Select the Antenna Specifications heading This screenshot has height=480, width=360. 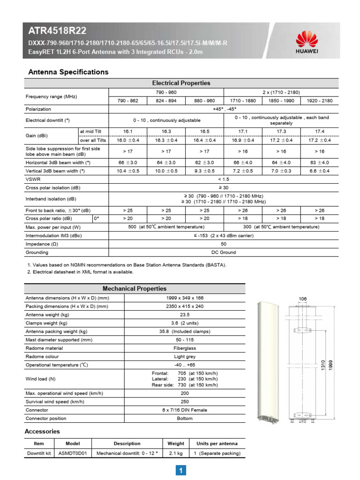[68, 72]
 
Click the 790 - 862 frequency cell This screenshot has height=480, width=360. [128, 100]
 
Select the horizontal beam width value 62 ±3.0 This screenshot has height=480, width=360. [204, 163]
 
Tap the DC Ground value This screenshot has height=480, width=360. [224, 253]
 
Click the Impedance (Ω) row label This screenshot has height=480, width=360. [42, 244]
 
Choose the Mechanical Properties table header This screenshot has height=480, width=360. [135, 289]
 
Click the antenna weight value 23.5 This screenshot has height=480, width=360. [185, 315]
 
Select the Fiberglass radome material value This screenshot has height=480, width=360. [185, 348]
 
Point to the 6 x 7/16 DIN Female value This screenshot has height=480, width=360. [185, 410]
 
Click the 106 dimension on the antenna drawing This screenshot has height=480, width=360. [302, 299]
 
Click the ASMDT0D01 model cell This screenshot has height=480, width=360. [73, 453]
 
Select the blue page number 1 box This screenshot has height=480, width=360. [180, 470]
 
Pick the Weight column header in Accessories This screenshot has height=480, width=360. [176, 443]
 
